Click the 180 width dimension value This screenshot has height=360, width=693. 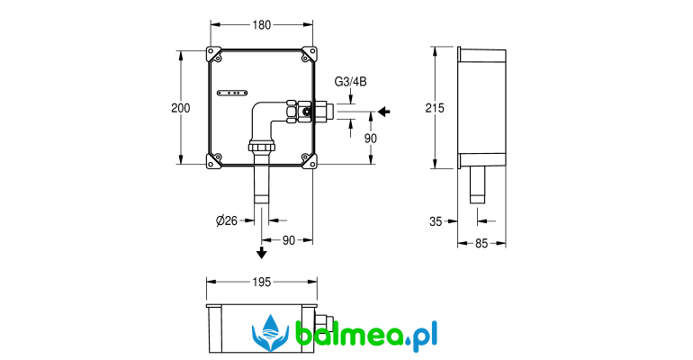pyautogui.click(x=262, y=25)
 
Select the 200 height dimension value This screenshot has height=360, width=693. pyautogui.click(x=181, y=108)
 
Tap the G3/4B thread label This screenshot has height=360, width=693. pyautogui.click(x=350, y=82)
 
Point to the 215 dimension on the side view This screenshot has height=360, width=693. pyautogui.click(x=435, y=108)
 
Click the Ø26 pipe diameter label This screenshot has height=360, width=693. pyautogui.click(x=227, y=220)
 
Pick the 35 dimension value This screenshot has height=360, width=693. pyautogui.click(x=436, y=221)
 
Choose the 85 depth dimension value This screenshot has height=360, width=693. pyautogui.click(x=481, y=243)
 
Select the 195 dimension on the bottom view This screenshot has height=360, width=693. pyautogui.click(x=262, y=282)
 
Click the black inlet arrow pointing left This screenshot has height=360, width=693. pyautogui.click(x=384, y=112)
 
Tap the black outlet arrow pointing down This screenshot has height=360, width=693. pyautogui.click(x=262, y=253)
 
